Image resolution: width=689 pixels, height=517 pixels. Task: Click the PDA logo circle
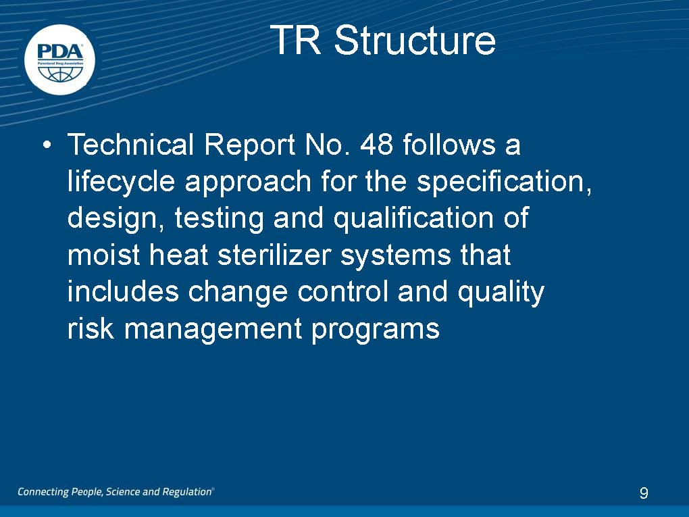[x=59, y=59]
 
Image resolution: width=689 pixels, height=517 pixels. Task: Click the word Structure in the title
[x=415, y=40]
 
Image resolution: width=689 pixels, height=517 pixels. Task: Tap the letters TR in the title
[x=295, y=40]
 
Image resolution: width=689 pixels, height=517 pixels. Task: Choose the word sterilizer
[x=274, y=255]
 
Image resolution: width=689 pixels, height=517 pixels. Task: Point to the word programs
[x=376, y=329]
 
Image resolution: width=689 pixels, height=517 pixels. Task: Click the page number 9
[x=644, y=493]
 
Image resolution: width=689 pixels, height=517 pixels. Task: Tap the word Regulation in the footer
[x=188, y=492]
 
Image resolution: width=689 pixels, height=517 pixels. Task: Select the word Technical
[x=130, y=144]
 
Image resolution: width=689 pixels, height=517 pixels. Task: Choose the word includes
[x=123, y=291]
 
